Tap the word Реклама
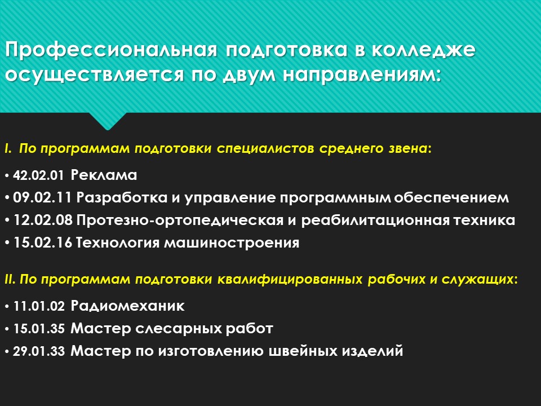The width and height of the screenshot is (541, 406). click(x=104, y=175)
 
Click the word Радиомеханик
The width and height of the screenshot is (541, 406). click(x=128, y=307)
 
